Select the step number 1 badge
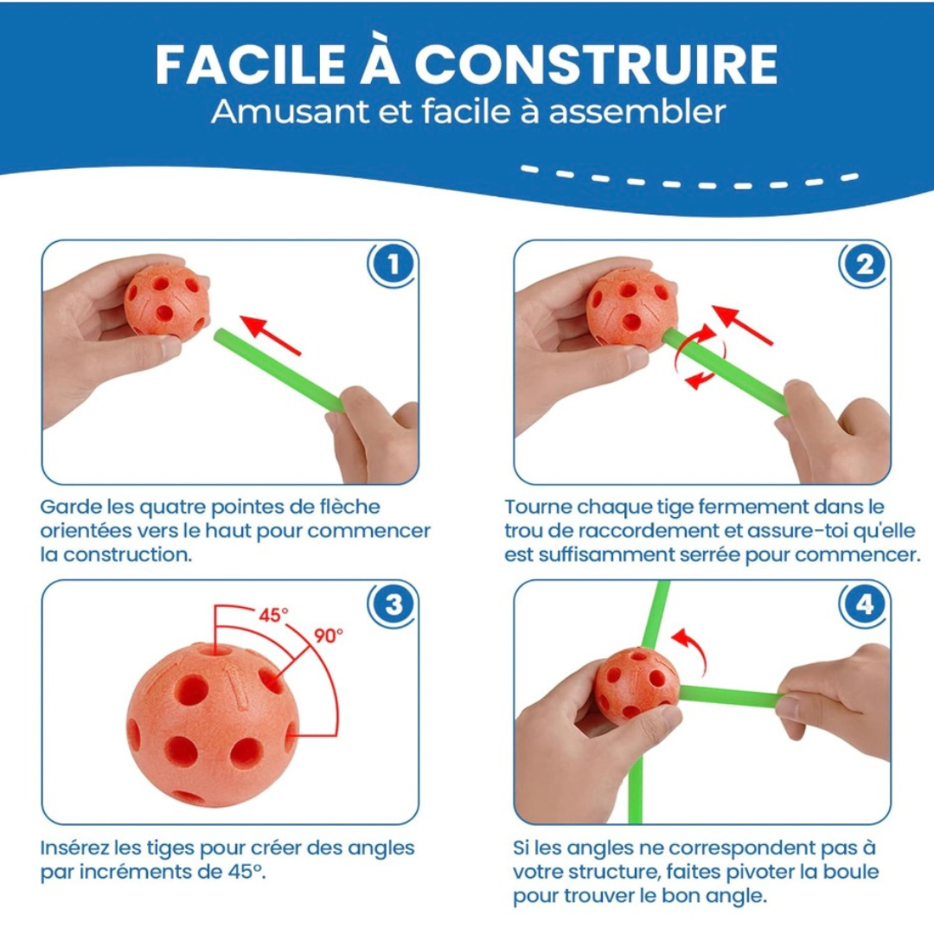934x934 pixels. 393,265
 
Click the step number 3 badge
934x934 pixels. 393,605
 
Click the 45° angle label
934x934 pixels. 273,616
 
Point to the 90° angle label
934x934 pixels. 328,636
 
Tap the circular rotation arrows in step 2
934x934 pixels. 699,356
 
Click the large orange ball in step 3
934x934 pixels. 212,725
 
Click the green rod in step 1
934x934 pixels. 277,368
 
